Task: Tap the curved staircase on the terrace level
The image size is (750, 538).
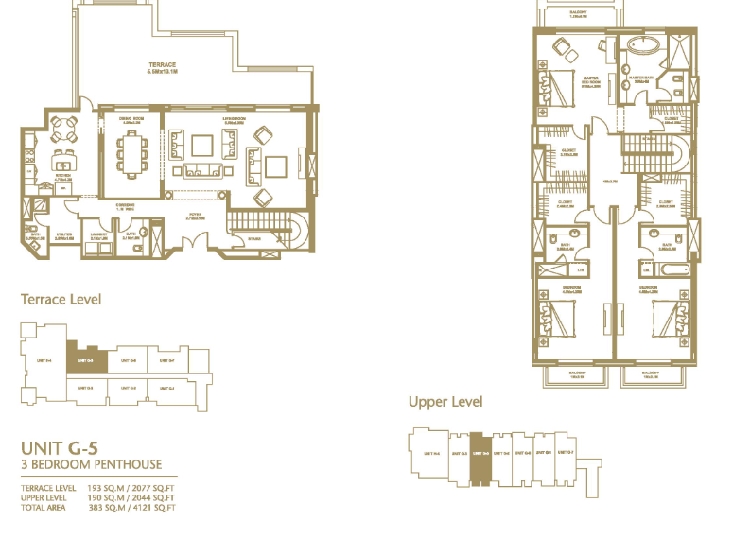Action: pos(290,232)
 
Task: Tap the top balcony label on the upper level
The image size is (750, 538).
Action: pos(579,13)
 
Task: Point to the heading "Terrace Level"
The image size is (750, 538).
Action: pos(61,300)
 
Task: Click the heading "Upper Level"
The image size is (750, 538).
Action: pos(445,402)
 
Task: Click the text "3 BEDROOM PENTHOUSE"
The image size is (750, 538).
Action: pos(91,464)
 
